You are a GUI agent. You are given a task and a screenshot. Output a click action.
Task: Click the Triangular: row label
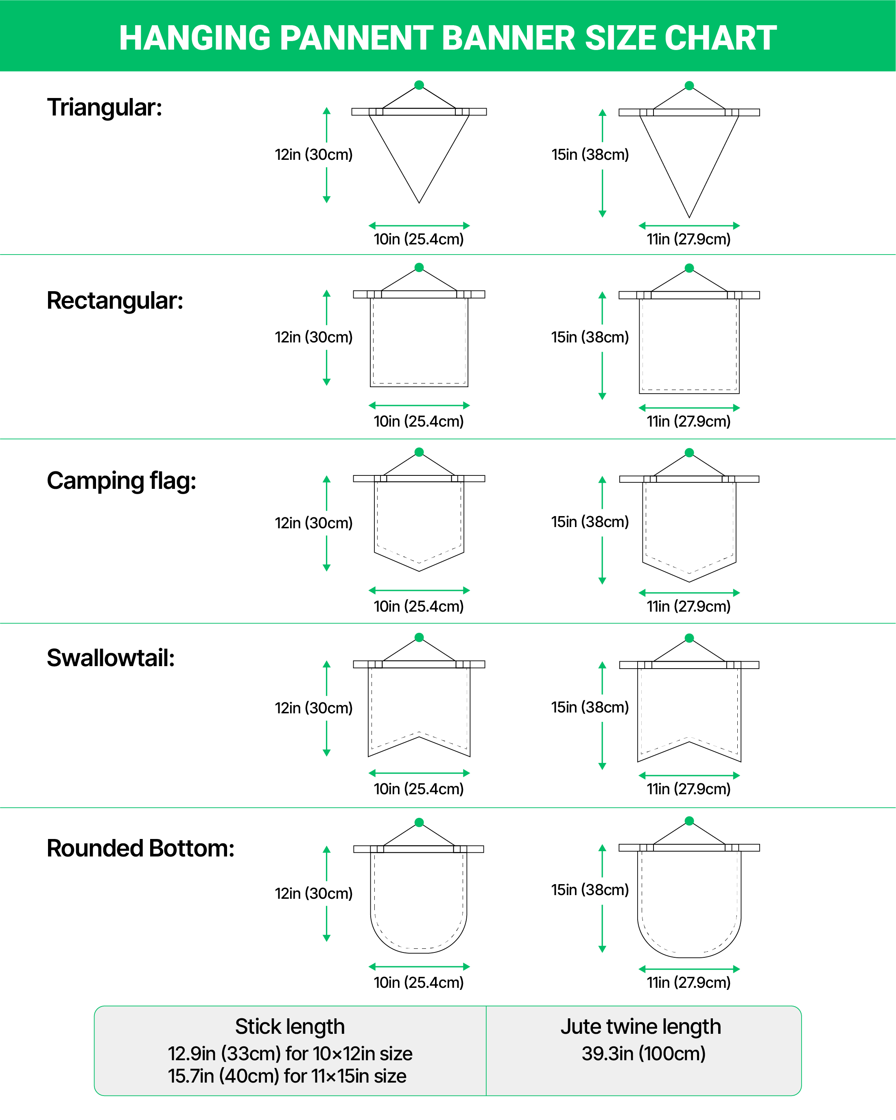click(x=105, y=107)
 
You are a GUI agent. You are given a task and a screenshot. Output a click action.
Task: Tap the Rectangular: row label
click(x=115, y=300)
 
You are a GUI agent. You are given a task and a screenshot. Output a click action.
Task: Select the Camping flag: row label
click(x=122, y=481)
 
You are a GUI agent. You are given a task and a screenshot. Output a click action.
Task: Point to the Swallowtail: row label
click(x=111, y=658)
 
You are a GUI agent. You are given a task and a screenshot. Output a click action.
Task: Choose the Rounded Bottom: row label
click(x=140, y=848)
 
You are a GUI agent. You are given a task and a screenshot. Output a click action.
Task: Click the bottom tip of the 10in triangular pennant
click(x=419, y=202)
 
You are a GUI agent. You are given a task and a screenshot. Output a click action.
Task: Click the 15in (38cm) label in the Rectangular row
click(x=590, y=337)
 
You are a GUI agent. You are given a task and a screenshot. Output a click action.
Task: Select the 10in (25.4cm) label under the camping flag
click(x=419, y=606)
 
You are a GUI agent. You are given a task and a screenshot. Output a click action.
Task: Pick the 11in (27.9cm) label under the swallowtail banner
click(x=688, y=789)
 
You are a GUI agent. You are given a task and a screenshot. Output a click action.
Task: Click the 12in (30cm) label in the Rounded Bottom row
click(x=313, y=893)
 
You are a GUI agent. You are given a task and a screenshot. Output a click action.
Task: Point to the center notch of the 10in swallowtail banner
click(x=419, y=737)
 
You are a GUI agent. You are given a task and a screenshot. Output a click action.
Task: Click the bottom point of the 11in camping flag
click(x=689, y=581)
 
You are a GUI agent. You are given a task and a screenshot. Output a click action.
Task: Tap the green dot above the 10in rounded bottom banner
click(x=419, y=822)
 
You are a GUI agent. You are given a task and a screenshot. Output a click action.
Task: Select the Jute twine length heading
click(x=641, y=1026)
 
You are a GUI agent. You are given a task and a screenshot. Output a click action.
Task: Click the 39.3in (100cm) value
click(x=643, y=1053)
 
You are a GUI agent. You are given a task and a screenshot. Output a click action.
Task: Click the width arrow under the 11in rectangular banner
click(x=689, y=408)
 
